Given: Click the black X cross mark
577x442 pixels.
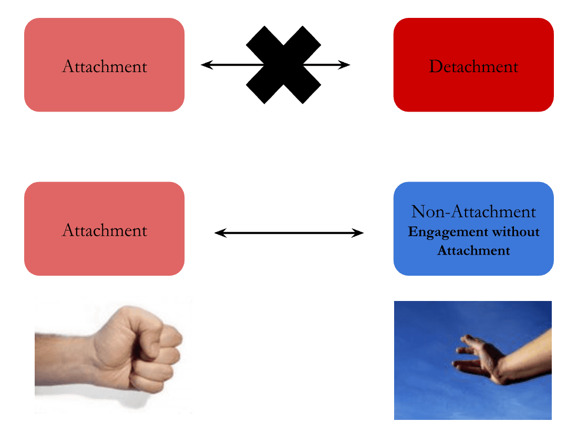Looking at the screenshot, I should point(283,65).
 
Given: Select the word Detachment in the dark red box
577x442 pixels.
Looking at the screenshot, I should point(473,67).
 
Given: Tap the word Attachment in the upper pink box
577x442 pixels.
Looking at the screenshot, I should point(105,67).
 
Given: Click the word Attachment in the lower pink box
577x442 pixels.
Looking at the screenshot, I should point(105,230).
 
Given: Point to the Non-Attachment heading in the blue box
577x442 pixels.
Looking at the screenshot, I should point(473,212).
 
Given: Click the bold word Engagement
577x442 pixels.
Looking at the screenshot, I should point(447,232).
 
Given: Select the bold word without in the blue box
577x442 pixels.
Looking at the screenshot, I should point(514,232).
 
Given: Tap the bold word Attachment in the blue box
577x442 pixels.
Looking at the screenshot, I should point(473,250).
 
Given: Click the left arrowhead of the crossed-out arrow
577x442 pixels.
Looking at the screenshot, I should point(206,65).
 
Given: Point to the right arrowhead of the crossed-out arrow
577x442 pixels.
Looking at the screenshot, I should point(345,65).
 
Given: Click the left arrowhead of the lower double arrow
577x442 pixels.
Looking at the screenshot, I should point(220,233).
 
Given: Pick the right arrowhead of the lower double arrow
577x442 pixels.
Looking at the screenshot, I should point(358,233).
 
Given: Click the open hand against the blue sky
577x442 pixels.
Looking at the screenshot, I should point(476,358).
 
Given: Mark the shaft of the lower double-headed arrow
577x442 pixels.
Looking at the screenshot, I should point(289,233).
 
